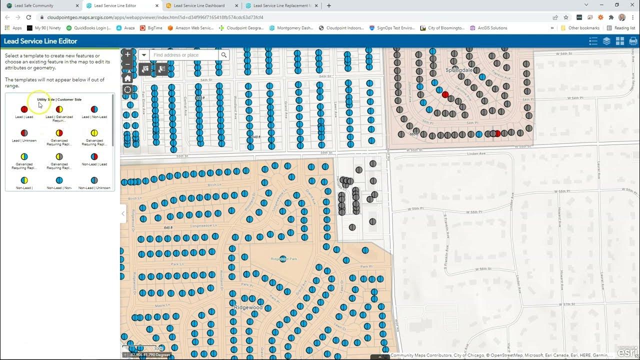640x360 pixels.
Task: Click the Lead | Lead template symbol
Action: (24, 109)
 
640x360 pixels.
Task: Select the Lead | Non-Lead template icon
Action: (94, 109)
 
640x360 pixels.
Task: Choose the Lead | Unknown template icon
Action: (24, 133)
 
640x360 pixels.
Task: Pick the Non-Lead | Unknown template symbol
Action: (94, 180)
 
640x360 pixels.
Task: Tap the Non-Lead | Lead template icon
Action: (94, 156)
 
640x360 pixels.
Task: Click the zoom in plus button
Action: (127, 54)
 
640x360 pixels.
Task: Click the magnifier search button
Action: (224, 55)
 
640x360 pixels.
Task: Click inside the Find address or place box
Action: (183, 55)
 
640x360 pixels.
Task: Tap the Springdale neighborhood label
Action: (458, 70)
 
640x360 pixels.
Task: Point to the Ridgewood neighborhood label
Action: (248, 307)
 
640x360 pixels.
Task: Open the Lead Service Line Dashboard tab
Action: (199, 5)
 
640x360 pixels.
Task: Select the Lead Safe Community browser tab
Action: (34, 5)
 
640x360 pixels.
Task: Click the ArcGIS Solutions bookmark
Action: (492, 28)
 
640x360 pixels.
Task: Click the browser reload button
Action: (28, 17)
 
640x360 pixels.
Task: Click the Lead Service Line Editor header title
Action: (40, 41)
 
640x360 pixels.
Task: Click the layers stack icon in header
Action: (606, 41)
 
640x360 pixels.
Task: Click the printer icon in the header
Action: (633, 41)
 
